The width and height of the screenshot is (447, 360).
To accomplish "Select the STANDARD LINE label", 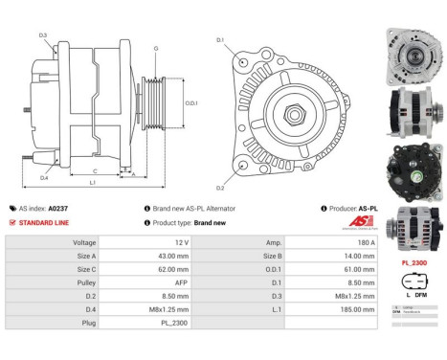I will pyautogui.click(x=42, y=222).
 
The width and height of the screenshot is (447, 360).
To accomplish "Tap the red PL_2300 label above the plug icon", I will pyautogui.click(x=412, y=260).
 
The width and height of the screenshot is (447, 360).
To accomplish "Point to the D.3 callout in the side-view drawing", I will pyautogui.click(x=44, y=34).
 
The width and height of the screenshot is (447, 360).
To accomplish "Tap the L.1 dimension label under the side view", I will pyautogui.click(x=90, y=183).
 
